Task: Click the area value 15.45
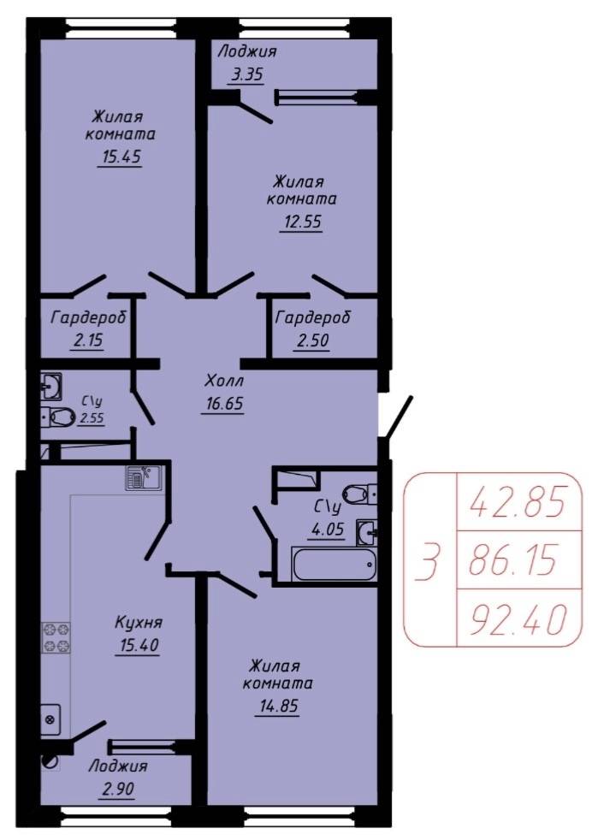point(120,157)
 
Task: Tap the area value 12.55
point(300,222)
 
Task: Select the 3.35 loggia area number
point(247,74)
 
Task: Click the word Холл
point(224,381)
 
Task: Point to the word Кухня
point(139,623)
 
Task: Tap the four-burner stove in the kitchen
point(56,637)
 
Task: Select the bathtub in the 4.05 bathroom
point(334,564)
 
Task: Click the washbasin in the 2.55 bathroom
point(51,387)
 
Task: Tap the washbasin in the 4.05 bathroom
point(366,533)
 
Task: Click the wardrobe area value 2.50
point(311,340)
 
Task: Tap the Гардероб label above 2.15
point(89,317)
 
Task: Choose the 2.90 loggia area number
point(117,789)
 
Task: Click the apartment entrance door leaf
point(398,418)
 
